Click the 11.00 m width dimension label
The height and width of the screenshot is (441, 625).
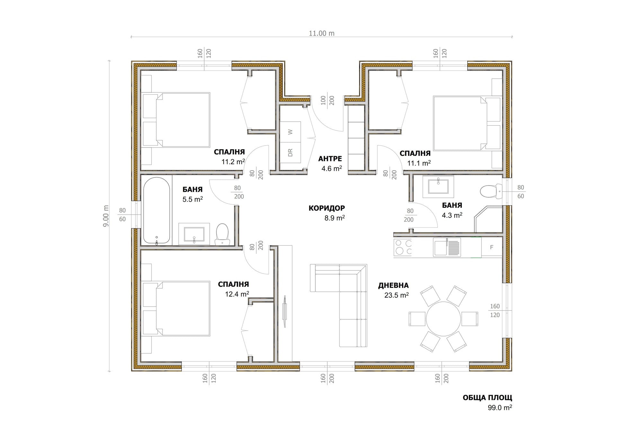pyautogui.click(x=321, y=33)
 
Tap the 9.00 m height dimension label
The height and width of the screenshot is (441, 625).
pyautogui.click(x=106, y=216)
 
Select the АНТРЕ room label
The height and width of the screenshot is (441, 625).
pyautogui.click(x=330, y=159)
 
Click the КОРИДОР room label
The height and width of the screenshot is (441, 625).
pyautogui.click(x=327, y=208)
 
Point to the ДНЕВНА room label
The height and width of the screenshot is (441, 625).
pyautogui.click(x=393, y=285)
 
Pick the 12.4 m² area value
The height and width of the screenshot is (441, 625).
pyautogui.click(x=237, y=294)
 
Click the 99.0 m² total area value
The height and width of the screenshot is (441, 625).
pyautogui.click(x=500, y=408)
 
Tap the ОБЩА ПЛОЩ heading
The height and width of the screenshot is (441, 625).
pyautogui.click(x=487, y=398)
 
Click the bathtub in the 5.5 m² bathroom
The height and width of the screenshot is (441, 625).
pyautogui.click(x=156, y=211)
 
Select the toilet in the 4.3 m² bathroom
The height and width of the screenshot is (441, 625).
pyautogui.click(x=491, y=191)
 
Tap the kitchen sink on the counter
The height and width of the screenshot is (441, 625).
pyautogui.click(x=447, y=247)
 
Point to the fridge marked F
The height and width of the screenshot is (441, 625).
pyautogui.click(x=492, y=247)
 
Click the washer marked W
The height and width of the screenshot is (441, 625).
pyautogui.click(x=290, y=132)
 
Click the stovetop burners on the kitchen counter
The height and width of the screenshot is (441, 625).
pyautogui.click(x=403, y=247)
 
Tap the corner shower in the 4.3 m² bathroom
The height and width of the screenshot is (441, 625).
pyautogui.click(x=489, y=219)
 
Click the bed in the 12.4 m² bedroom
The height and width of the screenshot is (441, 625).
pyautogui.click(x=176, y=309)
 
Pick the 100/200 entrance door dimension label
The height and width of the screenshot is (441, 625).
pyautogui.click(x=328, y=100)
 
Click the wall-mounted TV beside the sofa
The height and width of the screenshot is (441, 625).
pyautogui.click(x=285, y=311)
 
